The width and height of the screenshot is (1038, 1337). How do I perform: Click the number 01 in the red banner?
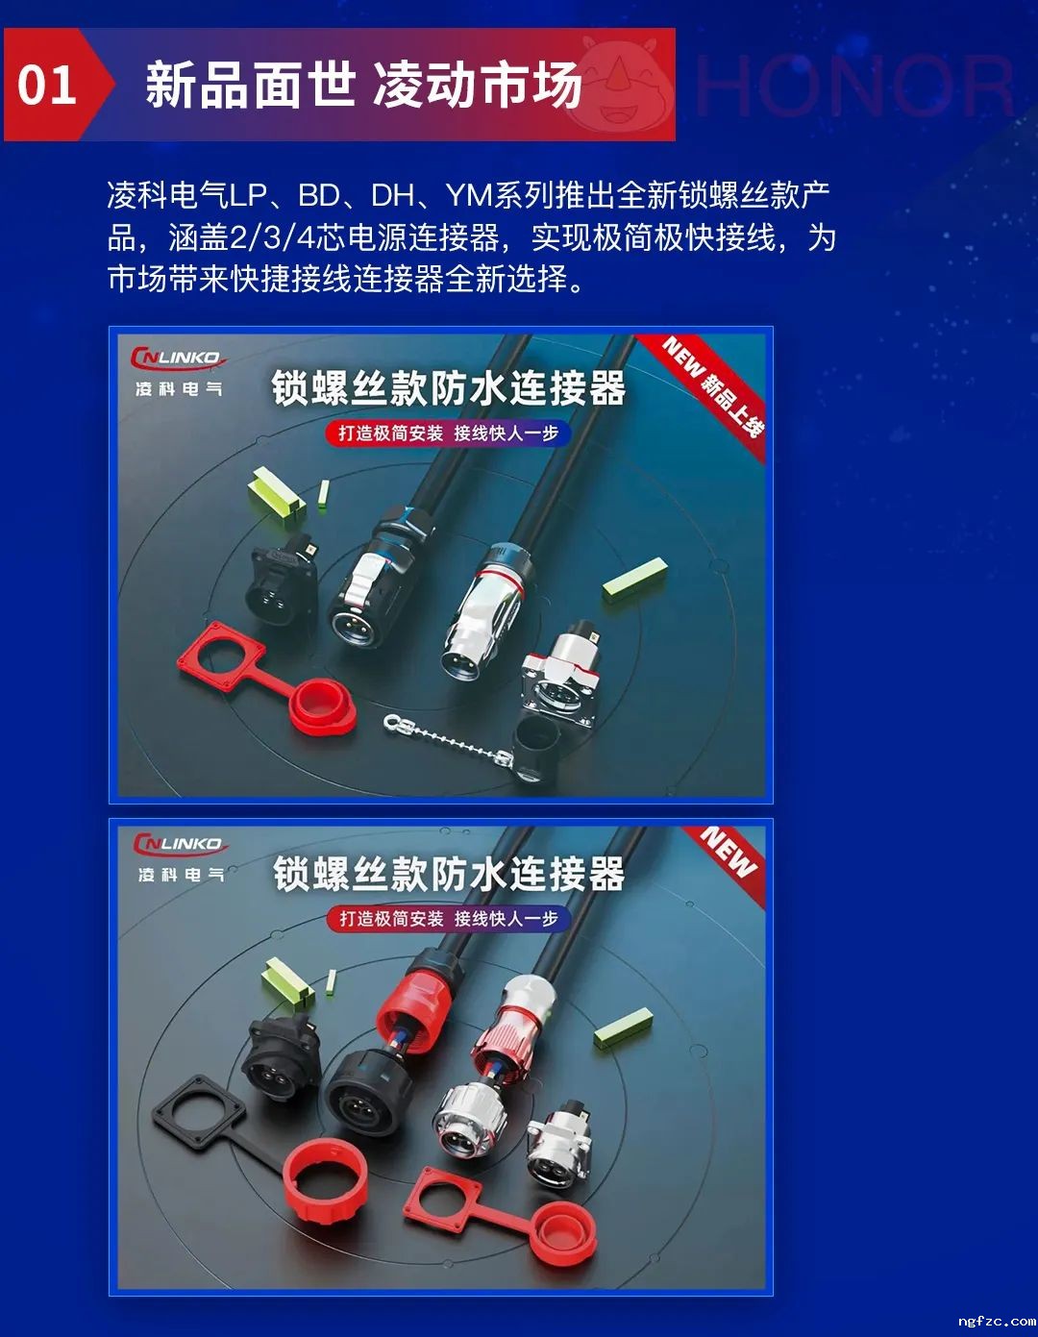click(x=47, y=85)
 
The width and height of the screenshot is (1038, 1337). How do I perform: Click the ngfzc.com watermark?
click(x=996, y=1321)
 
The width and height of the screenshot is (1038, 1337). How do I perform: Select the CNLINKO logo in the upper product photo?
click(x=179, y=359)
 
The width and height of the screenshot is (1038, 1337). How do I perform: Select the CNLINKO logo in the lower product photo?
click(x=181, y=844)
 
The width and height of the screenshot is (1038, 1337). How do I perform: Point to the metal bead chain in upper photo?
click(x=448, y=739)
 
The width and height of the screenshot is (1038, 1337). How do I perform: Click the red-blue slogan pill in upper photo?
click(x=447, y=433)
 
